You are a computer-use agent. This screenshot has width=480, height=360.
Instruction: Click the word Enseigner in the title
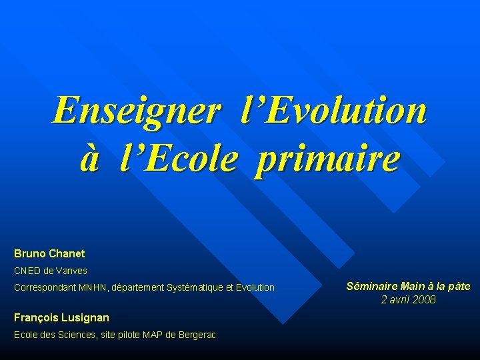[x=136, y=111]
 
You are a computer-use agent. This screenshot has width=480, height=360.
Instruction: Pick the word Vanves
[x=71, y=271]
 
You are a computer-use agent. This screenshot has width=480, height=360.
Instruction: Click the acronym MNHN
[x=92, y=287]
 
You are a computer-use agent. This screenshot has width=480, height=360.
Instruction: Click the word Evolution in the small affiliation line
[x=253, y=287]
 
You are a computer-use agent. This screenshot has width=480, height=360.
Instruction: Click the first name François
[x=33, y=317]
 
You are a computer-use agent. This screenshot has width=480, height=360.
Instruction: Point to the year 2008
[x=424, y=299]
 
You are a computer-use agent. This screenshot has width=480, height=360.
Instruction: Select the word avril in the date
[x=399, y=299]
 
